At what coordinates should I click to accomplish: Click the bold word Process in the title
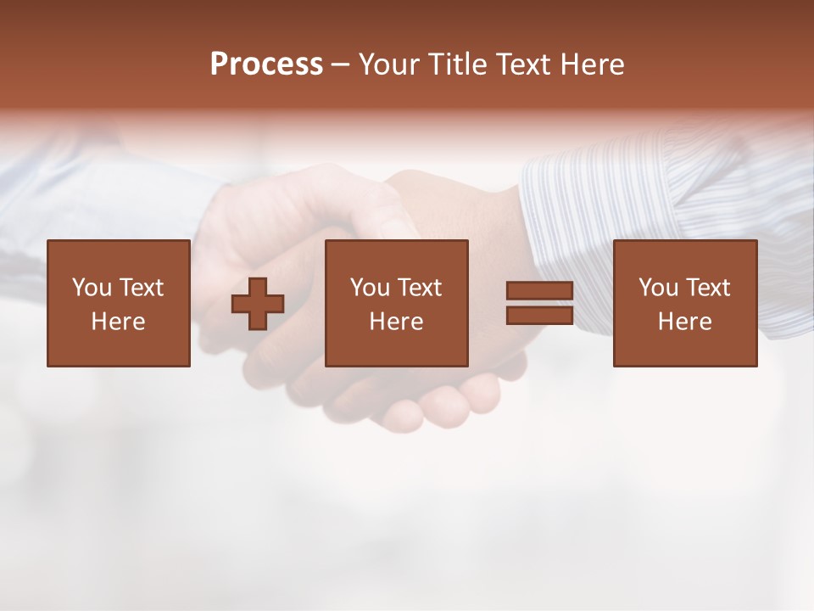coord(266,64)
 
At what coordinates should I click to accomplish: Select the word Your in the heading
coord(390,64)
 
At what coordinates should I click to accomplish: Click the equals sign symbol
coord(539,304)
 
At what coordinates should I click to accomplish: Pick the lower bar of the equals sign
coord(539,316)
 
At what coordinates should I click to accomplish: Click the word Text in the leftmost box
coord(142,288)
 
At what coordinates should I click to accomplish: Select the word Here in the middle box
coord(396,322)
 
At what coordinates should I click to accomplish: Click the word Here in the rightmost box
coord(684,322)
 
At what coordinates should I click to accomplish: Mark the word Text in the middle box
coord(420,288)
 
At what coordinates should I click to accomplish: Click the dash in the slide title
coord(341,65)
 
